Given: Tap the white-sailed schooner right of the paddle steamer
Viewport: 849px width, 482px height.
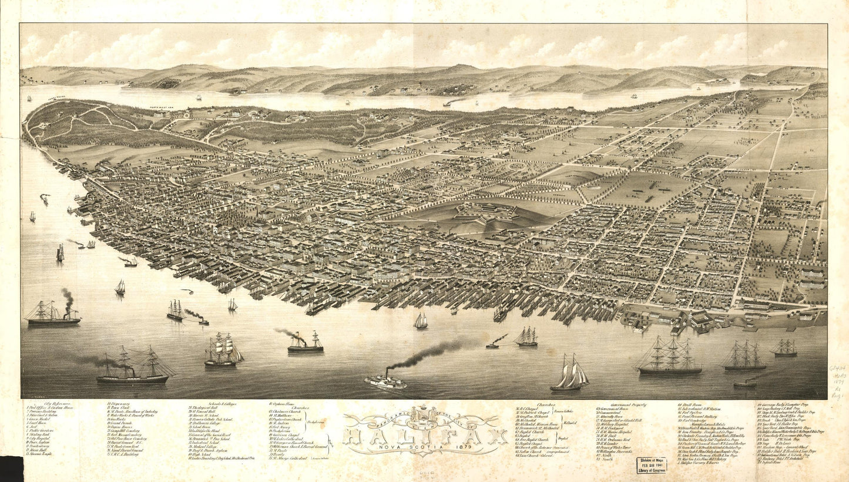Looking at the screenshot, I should tap(569, 374).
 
